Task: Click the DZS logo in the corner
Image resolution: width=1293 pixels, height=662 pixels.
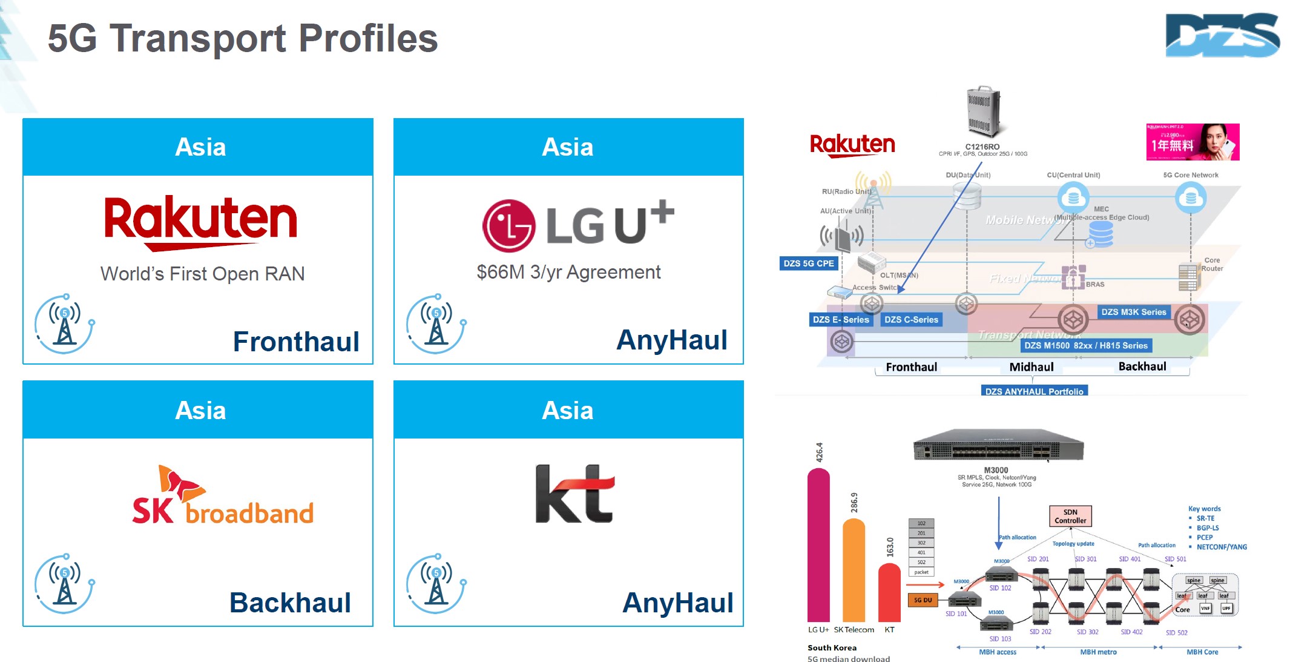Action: click(x=1222, y=35)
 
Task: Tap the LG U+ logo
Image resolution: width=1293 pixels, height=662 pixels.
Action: click(x=577, y=225)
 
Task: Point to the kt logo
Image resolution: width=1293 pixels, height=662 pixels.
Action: click(x=574, y=494)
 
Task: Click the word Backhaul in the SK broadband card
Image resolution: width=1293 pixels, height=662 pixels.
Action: click(x=290, y=603)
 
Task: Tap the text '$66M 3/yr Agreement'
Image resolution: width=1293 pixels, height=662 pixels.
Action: click(x=568, y=273)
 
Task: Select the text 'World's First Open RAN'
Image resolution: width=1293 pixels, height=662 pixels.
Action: click(x=202, y=274)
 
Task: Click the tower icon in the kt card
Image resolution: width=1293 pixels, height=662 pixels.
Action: click(x=436, y=583)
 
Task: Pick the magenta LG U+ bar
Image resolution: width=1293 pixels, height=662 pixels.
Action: click(x=818, y=545)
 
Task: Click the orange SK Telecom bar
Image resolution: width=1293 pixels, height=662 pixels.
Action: click(x=854, y=569)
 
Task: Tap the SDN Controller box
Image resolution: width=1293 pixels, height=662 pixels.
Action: click(x=1070, y=516)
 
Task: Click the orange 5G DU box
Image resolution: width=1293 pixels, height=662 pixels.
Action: click(x=923, y=600)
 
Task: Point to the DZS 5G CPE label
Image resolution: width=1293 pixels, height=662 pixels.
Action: click(x=808, y=263)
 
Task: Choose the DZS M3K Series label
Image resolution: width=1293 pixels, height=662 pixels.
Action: click(x=1133, y=312)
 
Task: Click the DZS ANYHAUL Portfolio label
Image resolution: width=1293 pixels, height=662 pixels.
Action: click(x=1034, y=391)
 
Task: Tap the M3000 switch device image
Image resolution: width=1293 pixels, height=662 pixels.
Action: click(x=998, y=448)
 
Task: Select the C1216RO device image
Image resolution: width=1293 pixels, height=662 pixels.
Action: click(x=982, y=112)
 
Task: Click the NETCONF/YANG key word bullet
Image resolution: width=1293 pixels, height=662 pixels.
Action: click(x=1221, y=547)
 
